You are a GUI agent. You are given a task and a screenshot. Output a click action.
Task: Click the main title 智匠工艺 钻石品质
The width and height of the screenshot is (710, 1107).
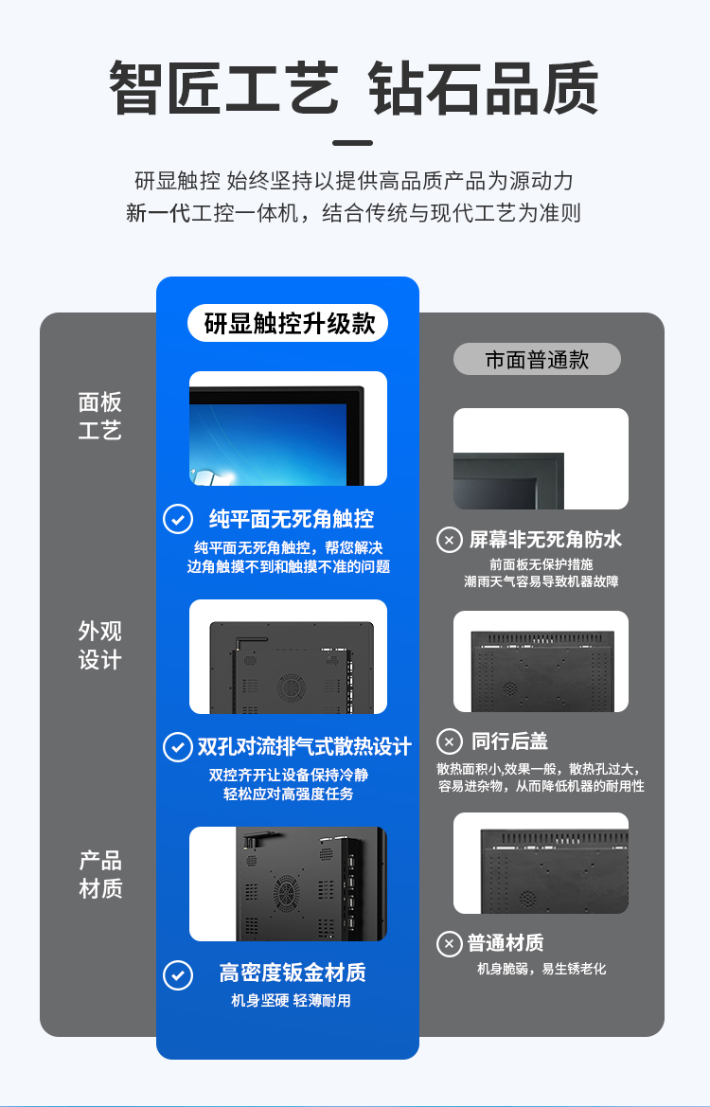click(x=354, y=88)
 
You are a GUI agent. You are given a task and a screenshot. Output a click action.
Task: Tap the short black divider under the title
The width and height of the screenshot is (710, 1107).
click(x=352, y=143)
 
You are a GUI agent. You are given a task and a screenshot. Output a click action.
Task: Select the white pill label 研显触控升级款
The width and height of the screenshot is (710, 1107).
click(x=288, y=323)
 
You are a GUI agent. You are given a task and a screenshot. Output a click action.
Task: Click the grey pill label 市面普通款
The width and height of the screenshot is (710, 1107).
click(x=537, y=359)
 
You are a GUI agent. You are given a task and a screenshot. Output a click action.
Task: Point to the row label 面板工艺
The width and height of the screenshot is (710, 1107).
click(x=99, y=416)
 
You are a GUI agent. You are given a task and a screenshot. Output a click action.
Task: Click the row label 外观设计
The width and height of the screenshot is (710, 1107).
click(x=99, y=645)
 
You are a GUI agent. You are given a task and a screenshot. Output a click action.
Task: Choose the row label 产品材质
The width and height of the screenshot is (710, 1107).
click(x=100, y=874)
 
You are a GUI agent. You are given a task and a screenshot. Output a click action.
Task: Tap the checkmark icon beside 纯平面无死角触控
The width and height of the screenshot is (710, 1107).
click(x=178, y=519)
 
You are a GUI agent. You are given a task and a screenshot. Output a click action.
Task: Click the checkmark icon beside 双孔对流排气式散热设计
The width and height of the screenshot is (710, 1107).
click(x=178, y=746)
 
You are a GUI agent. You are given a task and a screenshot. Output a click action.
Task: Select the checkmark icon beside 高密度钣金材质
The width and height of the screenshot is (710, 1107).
click(x=178, y=975)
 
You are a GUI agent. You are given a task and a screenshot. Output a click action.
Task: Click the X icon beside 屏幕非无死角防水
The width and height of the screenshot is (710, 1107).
click(x=450, y=541)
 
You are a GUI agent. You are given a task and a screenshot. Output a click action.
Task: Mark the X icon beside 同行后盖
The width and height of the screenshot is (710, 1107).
click(x=450, y=742)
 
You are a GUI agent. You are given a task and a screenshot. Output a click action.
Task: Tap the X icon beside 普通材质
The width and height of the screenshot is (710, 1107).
click(x=450, y=944)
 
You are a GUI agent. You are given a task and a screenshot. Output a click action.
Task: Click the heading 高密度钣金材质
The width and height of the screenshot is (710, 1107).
click(x=293, y=973)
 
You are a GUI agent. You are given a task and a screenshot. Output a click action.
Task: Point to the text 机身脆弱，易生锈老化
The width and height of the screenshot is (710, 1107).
click(x=541, y=969)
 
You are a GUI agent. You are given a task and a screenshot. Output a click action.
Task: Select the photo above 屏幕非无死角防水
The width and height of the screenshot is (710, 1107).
click(x=541, y=459)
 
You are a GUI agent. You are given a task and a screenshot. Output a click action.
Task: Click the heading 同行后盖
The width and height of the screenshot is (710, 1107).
click(x=509, y=741)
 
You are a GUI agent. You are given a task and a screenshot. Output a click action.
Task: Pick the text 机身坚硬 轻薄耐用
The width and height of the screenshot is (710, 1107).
click(x=291, y=1000)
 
